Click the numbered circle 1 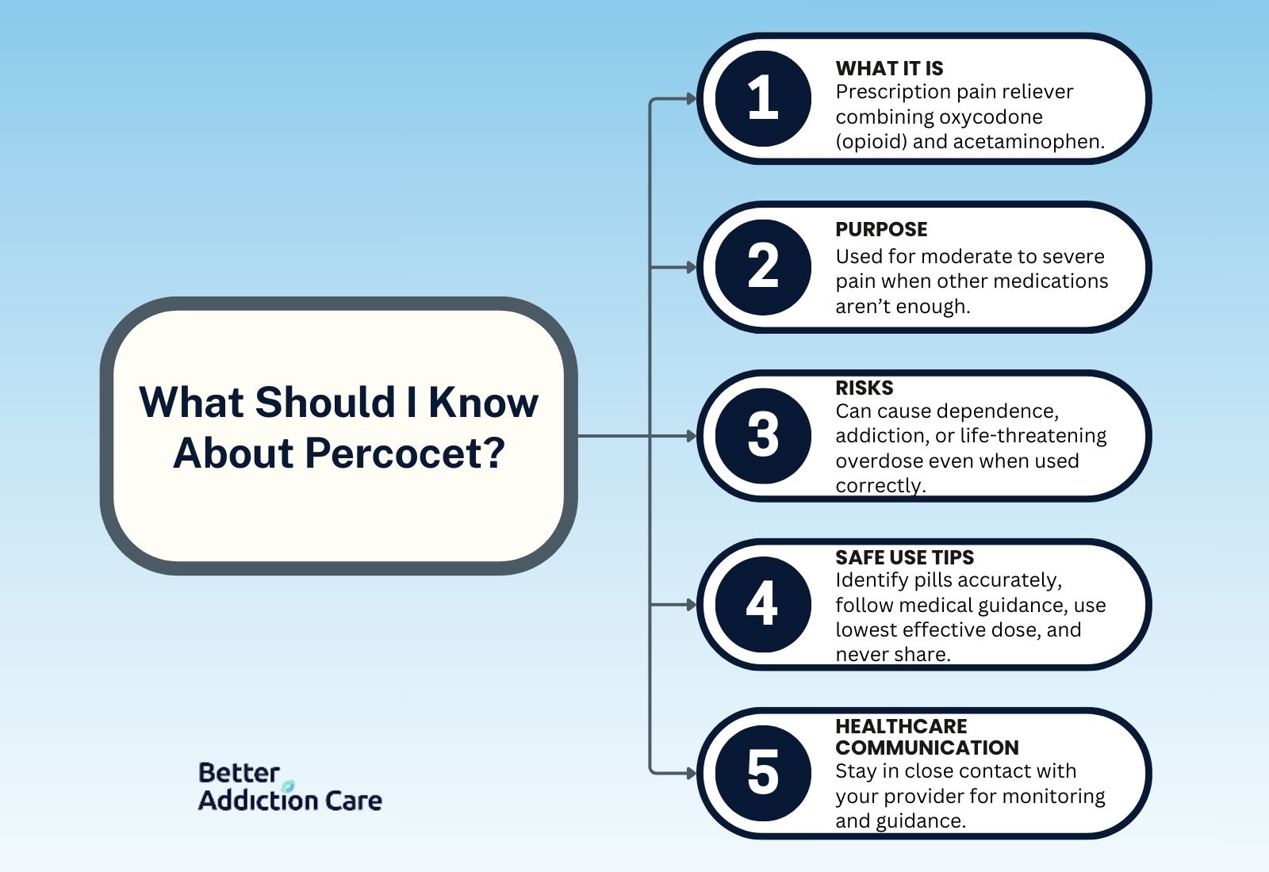(x=763, y=98)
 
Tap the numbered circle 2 (x=763, y=267)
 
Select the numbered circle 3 (x=763, y=436)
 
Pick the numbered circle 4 (x=763, y=605)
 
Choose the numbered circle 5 (x=763, y=774)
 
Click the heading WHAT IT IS (x=889, y=68)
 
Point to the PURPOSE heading (x=881, y=229)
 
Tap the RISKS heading (x=865, y=388)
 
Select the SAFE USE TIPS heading (x=905, y=557)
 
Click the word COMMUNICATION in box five (x=927, y=748)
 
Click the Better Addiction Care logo (x=290, y=786)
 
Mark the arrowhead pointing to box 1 (x=691, y=99)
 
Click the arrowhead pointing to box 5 (x=691, y=774)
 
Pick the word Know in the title (x=483, y=402)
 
